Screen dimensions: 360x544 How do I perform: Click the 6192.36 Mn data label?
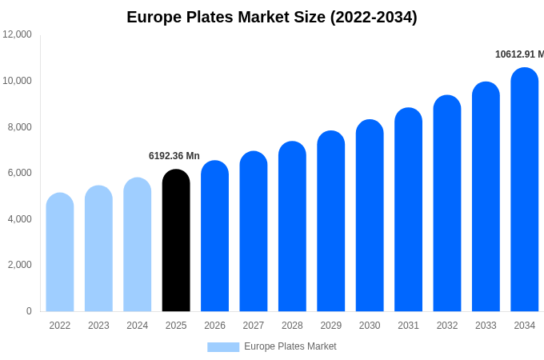pos(174,156)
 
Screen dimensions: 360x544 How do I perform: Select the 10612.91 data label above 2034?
pos(518,54)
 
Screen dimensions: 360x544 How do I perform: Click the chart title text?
pos(272,17)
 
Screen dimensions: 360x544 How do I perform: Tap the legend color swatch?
pos(223,346)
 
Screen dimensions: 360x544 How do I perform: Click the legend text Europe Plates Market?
pos(290,346)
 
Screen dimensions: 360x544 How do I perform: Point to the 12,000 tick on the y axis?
pos(18,34)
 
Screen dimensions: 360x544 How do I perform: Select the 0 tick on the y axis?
pos(29,311)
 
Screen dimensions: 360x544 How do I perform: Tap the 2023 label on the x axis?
pos(98,326)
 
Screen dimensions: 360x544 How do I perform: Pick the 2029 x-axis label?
pos(331,326)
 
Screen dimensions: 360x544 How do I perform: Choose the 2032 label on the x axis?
pos(447,326)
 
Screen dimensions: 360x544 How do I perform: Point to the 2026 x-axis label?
pos(214,326)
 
